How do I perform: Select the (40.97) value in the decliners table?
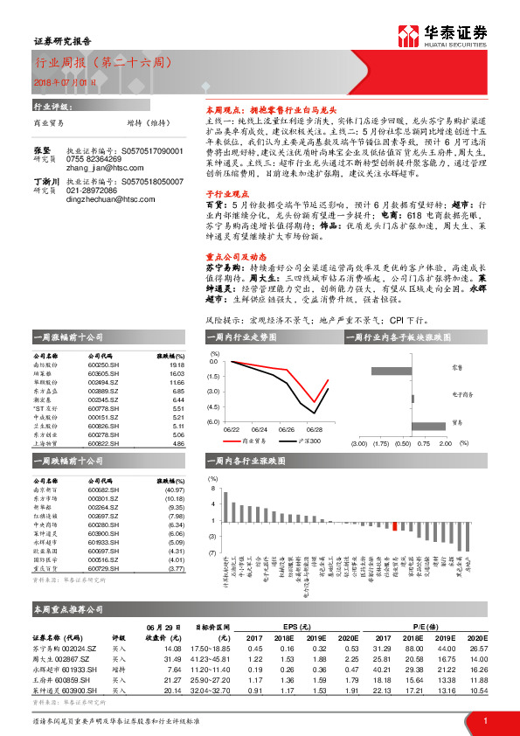coord(174,490)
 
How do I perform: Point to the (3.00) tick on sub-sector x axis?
coord(358,444)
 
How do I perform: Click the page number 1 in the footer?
coord(484,720)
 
